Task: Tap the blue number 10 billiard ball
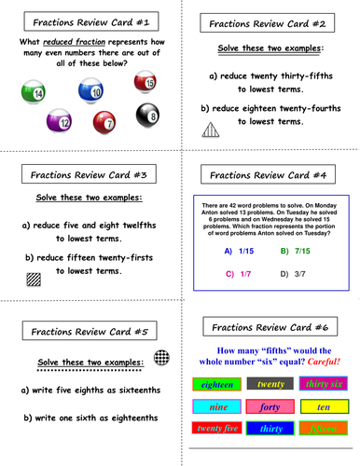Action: click(x=90, y=91)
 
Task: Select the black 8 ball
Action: click(x=147, y=115)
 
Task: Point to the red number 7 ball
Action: click(x=105, y=122)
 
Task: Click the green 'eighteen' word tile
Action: click(x=216, y=383)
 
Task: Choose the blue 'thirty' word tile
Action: click(x=270, y=429)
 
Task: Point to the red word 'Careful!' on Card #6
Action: click(x=315, y=358)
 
